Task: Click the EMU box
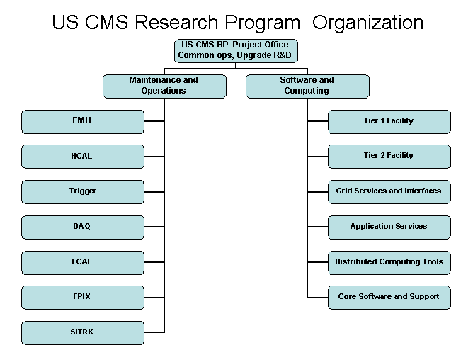point(83,122)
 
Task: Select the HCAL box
point(83,157)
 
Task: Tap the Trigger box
point(83,192)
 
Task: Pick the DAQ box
point(83,227)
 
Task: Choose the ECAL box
point(83,262)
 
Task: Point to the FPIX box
point(83,298)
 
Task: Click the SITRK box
point(83,333)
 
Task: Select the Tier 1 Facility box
point(389,122)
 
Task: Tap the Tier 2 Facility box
point(389,157)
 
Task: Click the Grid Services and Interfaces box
point(389,192)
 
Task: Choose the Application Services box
point(389,227)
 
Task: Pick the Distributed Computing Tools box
point(389,262)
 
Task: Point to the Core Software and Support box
point(389,298)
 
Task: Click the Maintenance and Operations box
point(164,86)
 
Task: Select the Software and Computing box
point(307,86)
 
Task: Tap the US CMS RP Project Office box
point(236,51)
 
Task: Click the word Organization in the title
point(367,23)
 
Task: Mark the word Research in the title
point(176,23)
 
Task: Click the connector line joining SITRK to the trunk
point(154,332)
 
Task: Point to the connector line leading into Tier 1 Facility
point(318,121)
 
